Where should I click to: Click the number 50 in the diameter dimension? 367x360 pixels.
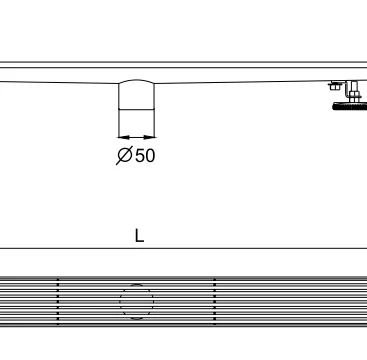click(145, 155)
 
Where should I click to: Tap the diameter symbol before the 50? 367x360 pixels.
click(125, 155)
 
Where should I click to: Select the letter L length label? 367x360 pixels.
click(139, 236)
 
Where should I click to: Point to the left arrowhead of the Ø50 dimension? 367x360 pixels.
click(123, 137)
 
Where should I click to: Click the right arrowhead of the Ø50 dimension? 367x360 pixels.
click(149, 137)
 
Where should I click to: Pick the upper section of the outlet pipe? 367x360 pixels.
click(137, 96)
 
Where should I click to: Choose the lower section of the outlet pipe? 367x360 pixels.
click(137, 123)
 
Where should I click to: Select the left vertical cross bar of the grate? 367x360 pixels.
click(58, 301)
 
